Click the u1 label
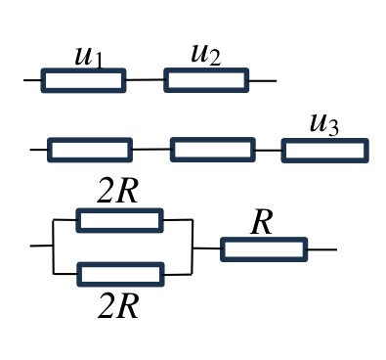point(89,57)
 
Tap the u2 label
point(206,55)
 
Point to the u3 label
point(324,124)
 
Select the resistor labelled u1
point(83,80)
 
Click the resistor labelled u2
point(206,80)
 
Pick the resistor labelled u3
point(325,151)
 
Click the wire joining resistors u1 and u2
point(145,79)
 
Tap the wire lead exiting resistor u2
point(263,81)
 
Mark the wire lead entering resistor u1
point(32,80)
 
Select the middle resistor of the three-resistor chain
point(213,150)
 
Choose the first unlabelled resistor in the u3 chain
point(90,150)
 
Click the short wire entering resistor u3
point(269,151)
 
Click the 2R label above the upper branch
point(117,192)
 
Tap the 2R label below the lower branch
point(118,306)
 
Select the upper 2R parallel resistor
point(119,220)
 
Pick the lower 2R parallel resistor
point(120,275)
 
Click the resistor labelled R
point(264,249)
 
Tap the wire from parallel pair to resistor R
point(206,248)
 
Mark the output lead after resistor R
point(322,249)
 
